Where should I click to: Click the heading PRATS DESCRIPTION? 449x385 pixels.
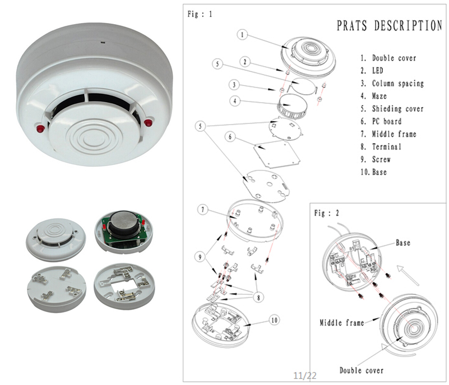(389, 26)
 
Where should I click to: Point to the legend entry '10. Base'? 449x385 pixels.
(373, 172)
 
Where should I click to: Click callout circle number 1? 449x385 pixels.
(242, 35)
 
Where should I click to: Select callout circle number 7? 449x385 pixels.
(204, 210)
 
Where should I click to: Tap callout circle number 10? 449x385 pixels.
(274, 322)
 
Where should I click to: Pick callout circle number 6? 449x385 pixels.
(229, 136)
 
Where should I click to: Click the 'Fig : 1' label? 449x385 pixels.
(200, 15)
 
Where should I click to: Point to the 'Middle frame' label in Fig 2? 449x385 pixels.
(341, 323)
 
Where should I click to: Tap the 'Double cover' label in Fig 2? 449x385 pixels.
(362, 370)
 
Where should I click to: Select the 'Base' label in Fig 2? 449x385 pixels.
(402, 243)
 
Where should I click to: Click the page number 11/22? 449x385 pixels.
(305, 375)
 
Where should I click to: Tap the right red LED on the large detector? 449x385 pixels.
(149, 121)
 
